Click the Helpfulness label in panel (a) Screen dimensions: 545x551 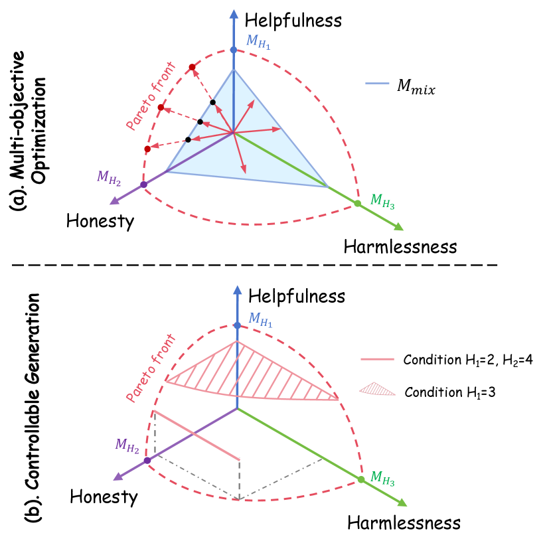[293, 21]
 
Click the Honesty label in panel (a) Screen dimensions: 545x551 [100, 221]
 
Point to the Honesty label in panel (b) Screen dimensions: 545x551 [104, 496]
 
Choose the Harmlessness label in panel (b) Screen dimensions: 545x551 [404, 522]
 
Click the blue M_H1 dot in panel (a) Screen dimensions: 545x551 [233, 50]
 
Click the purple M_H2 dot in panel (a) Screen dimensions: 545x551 [143, 185]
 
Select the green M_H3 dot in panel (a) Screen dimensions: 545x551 [357, 203]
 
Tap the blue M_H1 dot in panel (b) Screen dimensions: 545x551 [237, 325]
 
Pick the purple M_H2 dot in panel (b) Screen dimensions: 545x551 [147, 460]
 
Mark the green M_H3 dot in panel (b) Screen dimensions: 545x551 [361, 479]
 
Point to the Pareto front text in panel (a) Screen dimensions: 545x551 [150, 94]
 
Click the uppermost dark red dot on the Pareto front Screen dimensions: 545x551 [191, 67]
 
